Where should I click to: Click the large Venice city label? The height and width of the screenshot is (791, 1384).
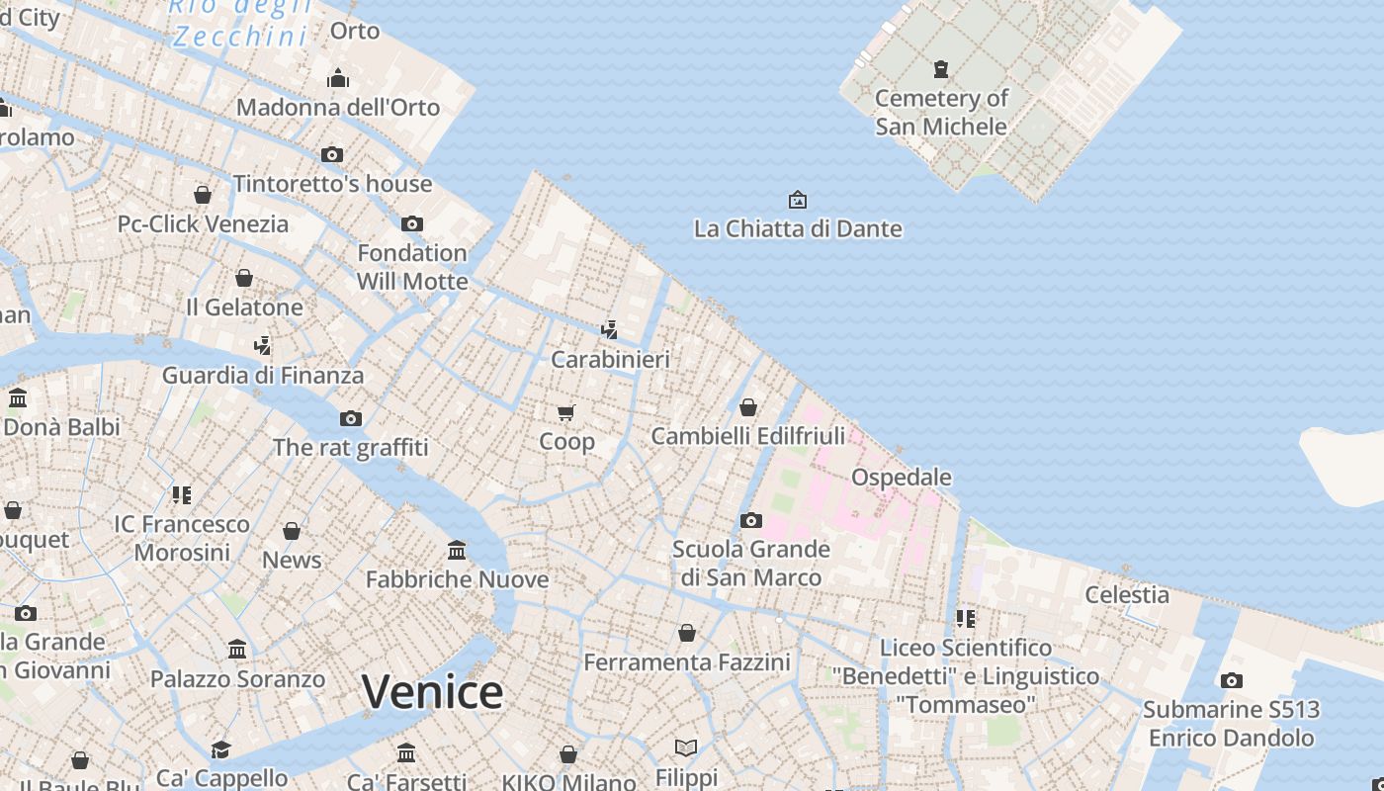pyautogui.click(x=432, y=691)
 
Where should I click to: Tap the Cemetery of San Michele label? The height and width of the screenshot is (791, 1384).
pyautogui.click(x=941, y=112)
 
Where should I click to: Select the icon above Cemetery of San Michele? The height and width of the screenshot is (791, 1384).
pyautogui.click(x=941, y=69)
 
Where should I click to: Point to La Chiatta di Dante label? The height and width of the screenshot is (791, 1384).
pyautogui.click(x=798, y=228)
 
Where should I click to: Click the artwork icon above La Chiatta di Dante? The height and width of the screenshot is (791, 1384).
pyautogui.click(x=798, y=201)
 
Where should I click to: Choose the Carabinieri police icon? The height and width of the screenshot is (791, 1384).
pyautogui.click(x=610, y=329)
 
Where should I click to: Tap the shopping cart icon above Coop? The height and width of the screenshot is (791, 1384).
pyautogui.click(x=566, y=412)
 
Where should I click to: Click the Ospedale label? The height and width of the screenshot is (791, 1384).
pyautogui.click(x=902, y=477)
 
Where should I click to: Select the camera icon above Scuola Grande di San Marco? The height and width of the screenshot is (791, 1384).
pyautogui.click(x=751, y=520)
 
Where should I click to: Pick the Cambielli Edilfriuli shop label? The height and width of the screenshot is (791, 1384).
pyautogui.click(x=748, y=436)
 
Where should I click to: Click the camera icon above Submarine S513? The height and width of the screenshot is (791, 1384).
pyautogui.click(x=1231, y=680)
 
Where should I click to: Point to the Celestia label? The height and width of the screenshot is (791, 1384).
pyautogui.click(x=1127, y=594)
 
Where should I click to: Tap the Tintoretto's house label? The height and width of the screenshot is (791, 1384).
pyautogui.click(x=332, y=184)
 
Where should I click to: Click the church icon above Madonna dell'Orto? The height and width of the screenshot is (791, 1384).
pyautogui.click(x=338, y=78)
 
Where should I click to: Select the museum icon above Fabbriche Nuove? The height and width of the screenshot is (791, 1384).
pyautogui.click(x=457, y=550)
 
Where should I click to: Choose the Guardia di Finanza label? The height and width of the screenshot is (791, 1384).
pyautogui.click(x=263, y=376)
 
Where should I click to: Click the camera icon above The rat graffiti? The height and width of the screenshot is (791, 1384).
pyautogui.click(x=351, y=419)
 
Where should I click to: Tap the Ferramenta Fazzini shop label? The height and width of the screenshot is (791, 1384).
pyautogui.click(x=687, y=661)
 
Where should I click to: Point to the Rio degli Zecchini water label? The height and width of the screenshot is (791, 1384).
pyautogui.click(x=240, y=22)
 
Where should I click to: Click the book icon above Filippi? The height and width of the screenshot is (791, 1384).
pyautogui.click(x=686, y=747)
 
